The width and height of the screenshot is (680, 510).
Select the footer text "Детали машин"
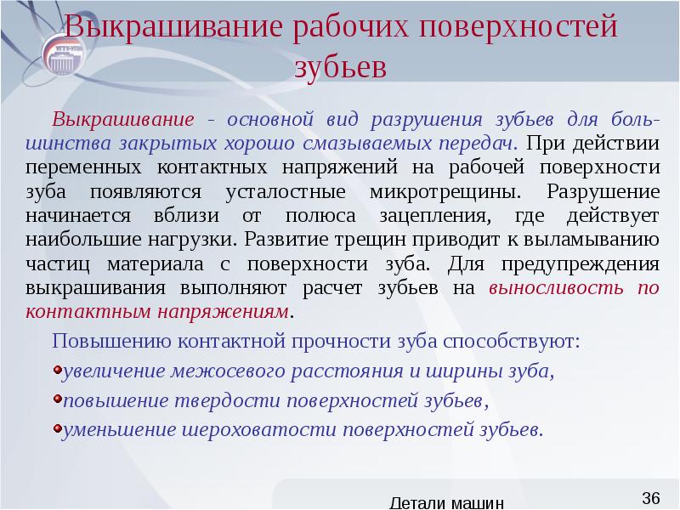450,502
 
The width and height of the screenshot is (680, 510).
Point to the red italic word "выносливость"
562,288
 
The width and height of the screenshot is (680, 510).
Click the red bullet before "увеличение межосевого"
57,371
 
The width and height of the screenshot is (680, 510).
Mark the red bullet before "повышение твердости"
57,399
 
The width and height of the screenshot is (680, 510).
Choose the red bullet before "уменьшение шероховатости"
57,428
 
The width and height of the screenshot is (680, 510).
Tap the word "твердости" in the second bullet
235,400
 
